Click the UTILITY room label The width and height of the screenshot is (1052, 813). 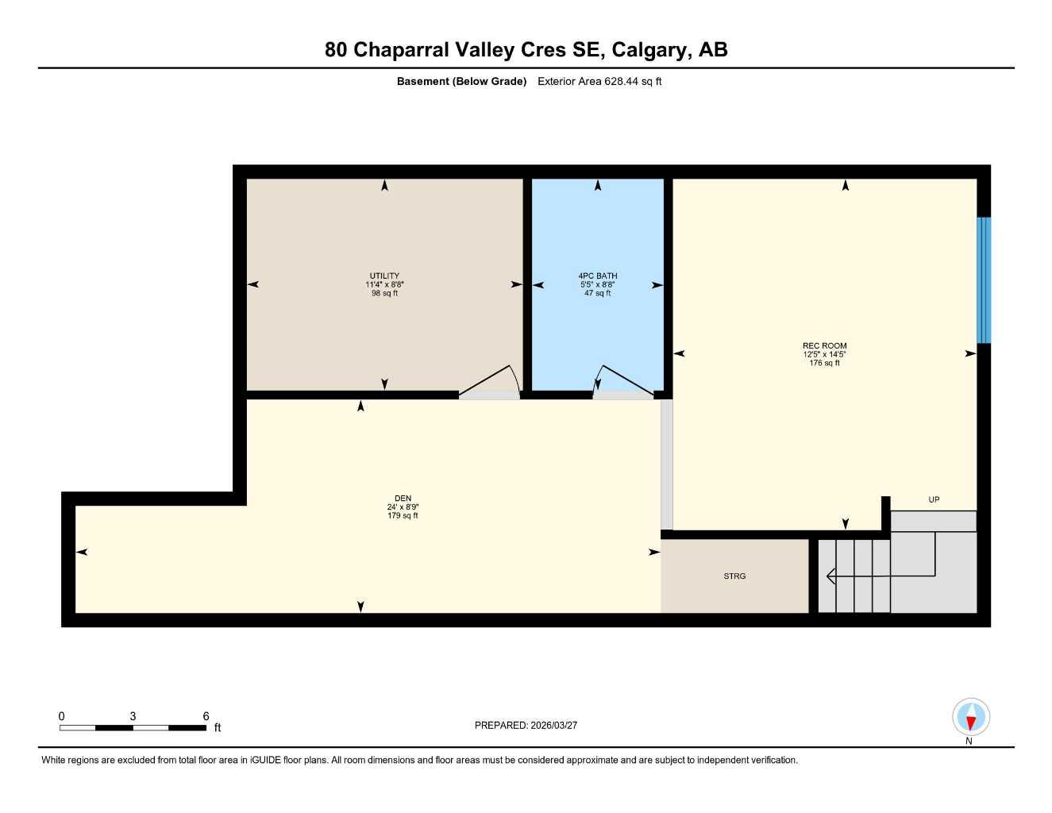pos(384,276)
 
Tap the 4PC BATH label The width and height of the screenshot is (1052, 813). pos(597,276)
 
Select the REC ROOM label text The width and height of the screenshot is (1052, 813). pos(824,345)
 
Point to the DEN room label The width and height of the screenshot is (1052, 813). pos(403,499)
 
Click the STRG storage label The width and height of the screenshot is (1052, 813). pos(734,576)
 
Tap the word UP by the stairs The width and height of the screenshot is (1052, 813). pos(934,499)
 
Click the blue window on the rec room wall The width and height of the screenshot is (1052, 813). pos(984,279)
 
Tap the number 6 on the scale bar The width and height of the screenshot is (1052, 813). pos(206,716)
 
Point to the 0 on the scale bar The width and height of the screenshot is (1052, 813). pos(62,716)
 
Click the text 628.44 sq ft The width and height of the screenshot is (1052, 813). pos(633,81)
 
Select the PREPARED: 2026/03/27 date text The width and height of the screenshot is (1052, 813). pos(526,725)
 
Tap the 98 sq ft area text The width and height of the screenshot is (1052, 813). pos(384,293)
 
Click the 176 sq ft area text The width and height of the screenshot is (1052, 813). pos(824,363)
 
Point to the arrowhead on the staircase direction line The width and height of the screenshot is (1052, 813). pos(830,576)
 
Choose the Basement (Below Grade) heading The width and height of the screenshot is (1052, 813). pos(461,81)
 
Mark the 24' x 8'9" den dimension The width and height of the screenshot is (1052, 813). pos(403,507)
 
